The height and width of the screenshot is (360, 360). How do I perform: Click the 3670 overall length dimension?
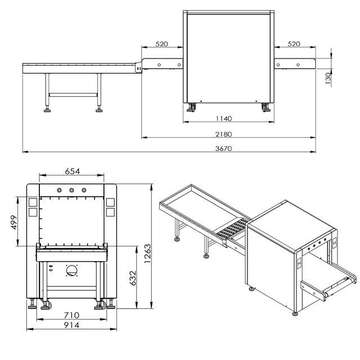point(224,148)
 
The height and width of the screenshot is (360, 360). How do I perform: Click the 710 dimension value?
point(71,315)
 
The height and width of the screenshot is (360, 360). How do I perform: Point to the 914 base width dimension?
point(71,325)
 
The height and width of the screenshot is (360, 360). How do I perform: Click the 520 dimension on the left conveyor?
point(163,44)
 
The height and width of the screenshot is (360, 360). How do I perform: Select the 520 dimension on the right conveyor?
point(294,44)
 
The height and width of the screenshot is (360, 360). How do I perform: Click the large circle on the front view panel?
point(72,271)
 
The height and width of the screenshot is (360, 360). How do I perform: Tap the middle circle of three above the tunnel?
point(72,190)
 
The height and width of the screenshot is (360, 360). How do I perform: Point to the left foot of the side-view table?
point(47,110)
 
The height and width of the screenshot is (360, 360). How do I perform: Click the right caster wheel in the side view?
point(265,106)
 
